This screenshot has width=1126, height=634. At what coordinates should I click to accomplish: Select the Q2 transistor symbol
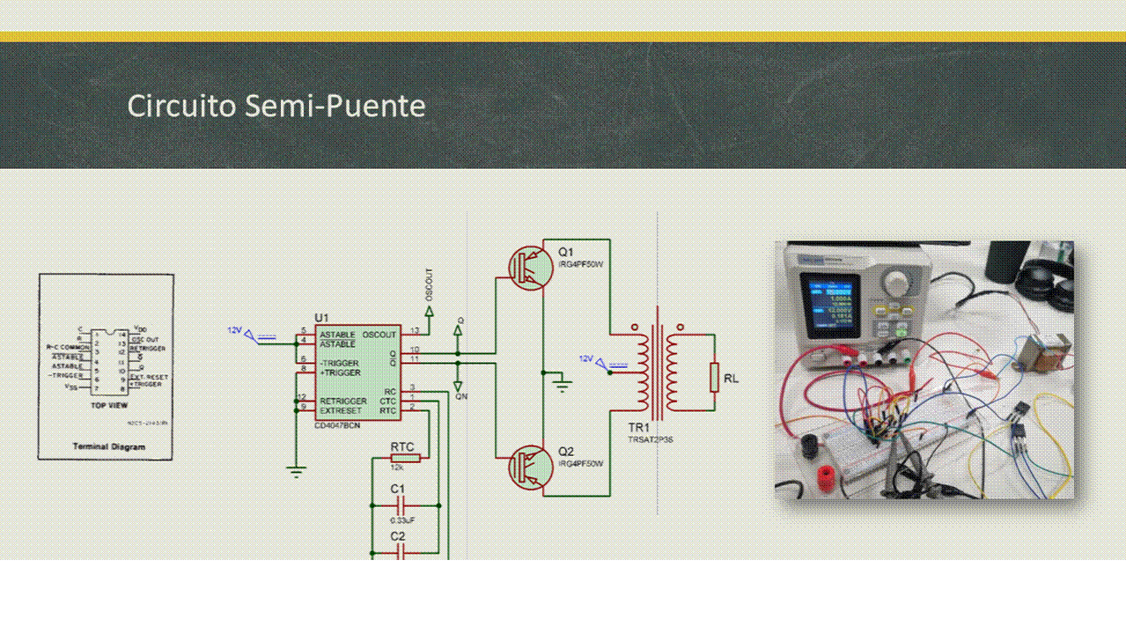pyautogui.click(x=531, y=467)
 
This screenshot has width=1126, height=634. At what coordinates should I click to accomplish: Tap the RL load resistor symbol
pyautogui.click(x=714, y=378)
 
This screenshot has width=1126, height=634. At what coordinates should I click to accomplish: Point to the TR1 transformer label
pyautogui.click(x=638, y=426)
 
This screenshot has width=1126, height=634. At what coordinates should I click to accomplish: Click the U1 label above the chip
pyautogui.click(x=321, y=318)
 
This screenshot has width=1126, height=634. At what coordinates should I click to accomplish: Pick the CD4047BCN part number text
pyautogui.click(x=336, y=426)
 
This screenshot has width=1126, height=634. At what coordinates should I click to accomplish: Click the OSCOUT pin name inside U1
pyautogui.click(x=379, y=335)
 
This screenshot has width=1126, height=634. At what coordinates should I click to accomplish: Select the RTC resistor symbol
pyautogui.click(x=405, y=457)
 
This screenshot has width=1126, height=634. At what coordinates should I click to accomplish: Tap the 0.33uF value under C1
pyautogui.click(x=402, y=520)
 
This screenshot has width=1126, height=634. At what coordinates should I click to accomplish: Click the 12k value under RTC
pyautogui.click(x=397, y=468)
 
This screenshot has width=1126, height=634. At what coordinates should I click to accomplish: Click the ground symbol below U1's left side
pyautogui.click(x=297, y=471)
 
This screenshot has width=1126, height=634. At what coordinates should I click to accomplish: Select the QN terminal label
pyautogui.click(x=461, y=396)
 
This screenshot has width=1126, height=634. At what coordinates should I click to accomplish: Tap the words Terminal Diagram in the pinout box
pyautogui.click(x=108, y=446)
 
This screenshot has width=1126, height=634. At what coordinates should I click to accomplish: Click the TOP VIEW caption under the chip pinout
pyautogui.click(x=110, y=406)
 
